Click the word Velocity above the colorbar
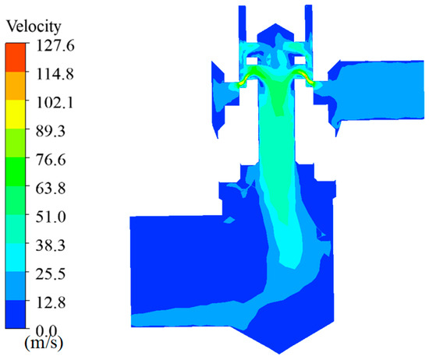tap(34, 27)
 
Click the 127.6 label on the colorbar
tap(55, 45)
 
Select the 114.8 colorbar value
tap(55, 74)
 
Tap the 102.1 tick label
tap(55, 103)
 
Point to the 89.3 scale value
tap(51, 131)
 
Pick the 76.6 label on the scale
tap(51, 160)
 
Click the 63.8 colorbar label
tap(51, 189)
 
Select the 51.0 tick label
tap(51, 217)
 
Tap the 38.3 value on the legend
tap(51, 245)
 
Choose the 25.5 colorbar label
tap(51, 274)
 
